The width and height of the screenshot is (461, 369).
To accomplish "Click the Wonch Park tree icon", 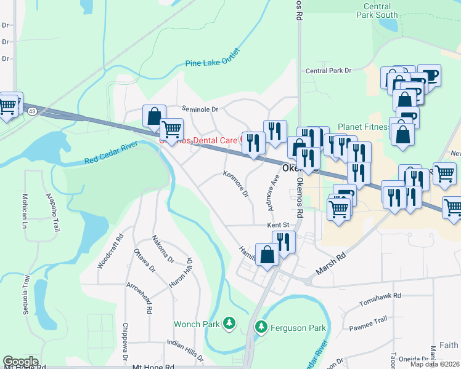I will coord(229,323).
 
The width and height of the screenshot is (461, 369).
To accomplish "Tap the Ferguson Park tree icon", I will coord(261,327).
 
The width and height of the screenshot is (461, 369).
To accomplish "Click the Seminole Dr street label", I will coord(198,109).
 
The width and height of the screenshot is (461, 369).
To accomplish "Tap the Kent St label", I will coord(278,226).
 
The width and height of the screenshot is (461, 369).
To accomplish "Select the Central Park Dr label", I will coord(328,71).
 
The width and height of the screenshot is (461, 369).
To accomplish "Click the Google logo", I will coord(20,362).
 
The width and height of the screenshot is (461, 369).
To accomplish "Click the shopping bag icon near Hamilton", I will coord(267,255).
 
